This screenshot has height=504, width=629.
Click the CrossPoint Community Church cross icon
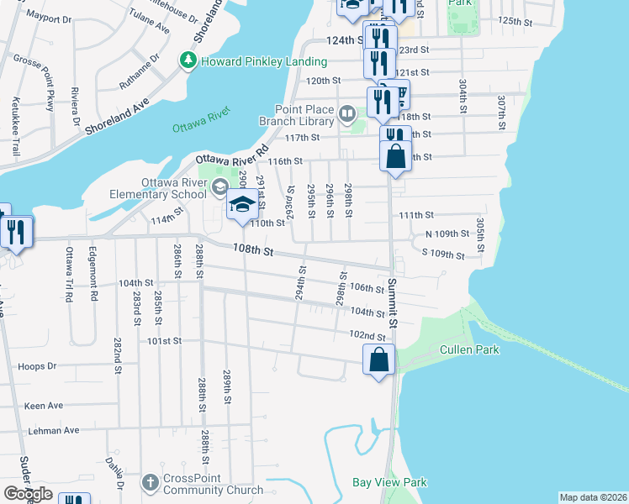click(150, 483)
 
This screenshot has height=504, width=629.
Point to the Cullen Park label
click(469, 349)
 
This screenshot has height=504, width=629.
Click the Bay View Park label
click(389, 482)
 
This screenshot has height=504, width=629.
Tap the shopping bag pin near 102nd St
click(379, 360)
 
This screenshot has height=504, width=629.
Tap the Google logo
click(28, 494)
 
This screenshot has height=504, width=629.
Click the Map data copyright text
click(592, 497)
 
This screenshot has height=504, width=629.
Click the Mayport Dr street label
click(48, 16)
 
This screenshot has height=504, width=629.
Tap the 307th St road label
click(500, 107)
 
